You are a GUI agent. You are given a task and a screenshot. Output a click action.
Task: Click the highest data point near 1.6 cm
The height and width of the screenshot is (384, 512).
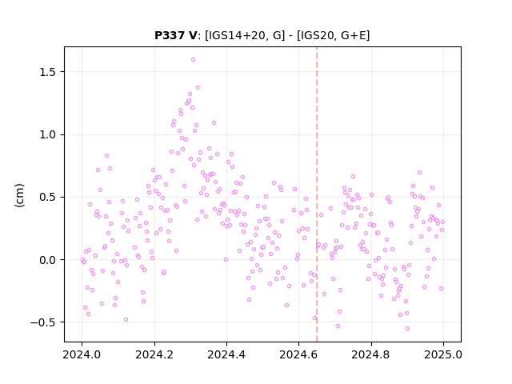click(x=193, y=60)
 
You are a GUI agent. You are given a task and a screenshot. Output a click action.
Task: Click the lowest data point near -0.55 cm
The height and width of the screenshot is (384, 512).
click(x=407, y=329)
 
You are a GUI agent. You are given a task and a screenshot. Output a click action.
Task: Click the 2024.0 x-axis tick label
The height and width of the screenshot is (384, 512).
click(x=82, y=354)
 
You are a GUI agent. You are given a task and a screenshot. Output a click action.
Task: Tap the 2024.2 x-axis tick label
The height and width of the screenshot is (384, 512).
click(x=154, y=354)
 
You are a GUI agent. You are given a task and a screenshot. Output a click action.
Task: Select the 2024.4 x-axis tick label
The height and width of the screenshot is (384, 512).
click(x=226, y=354)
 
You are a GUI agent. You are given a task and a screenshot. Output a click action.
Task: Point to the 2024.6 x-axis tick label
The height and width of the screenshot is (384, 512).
click(x=298, y=354)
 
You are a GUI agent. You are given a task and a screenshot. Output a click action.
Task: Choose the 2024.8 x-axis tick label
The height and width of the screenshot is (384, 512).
click(x=371, y=354)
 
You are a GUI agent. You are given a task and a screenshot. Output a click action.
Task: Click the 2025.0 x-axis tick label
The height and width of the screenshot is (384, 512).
click(x=443, y=354)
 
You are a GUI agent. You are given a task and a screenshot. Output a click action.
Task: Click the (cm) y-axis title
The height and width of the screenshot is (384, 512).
click(x=19, y=195)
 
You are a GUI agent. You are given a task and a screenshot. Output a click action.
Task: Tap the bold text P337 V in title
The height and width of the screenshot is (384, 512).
click(x=176, y=35)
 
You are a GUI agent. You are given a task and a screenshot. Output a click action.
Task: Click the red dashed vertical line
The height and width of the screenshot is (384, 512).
click(x=317, y=194)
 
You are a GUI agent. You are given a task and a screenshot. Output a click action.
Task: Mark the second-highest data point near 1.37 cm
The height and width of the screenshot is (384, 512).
click(x=198, y=88)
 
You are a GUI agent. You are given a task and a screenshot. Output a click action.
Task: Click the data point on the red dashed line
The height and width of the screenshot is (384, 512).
click(x=318, y=246)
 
